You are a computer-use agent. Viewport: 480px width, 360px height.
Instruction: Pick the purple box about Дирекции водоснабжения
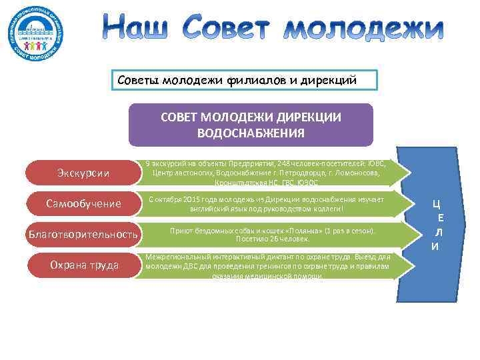(x=251, y=125)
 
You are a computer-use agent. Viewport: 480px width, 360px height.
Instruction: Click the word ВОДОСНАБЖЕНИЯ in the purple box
(x=251, y=133)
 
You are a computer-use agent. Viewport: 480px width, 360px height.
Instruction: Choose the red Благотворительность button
(x=83, y=235)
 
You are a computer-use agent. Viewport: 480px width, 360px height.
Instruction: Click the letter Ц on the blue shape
(x=435, y=204)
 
